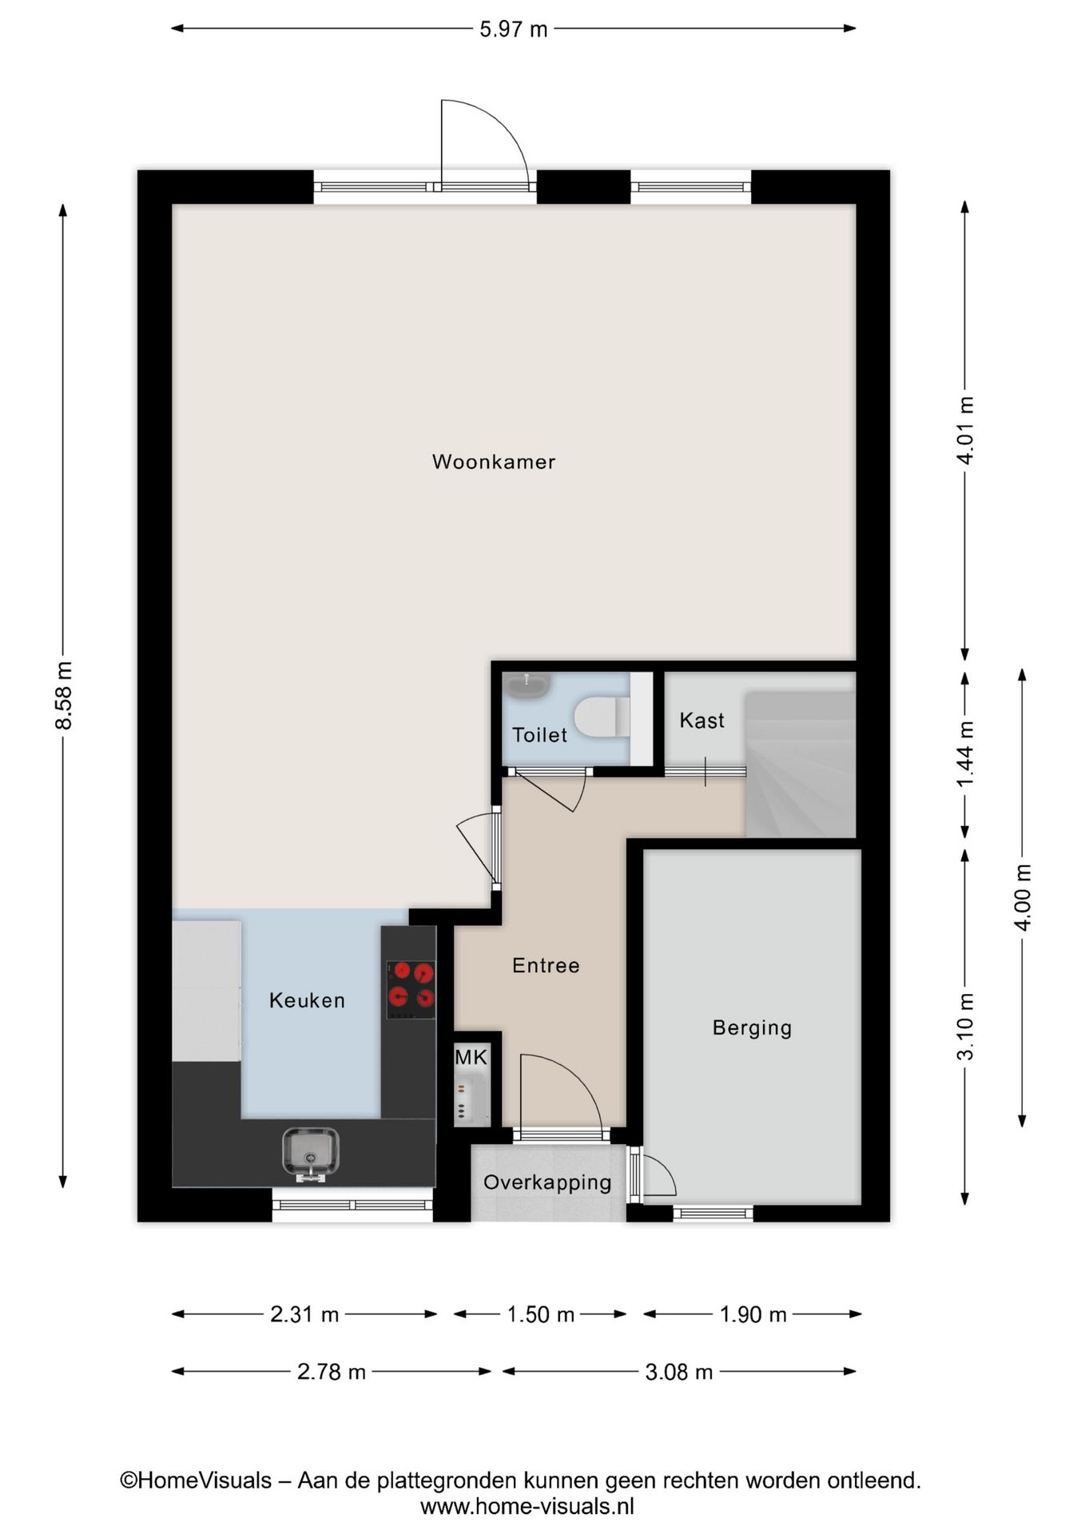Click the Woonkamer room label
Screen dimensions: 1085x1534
tap(493, 462)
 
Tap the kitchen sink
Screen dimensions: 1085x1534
tap(311, 1154)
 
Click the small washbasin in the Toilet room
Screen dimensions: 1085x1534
tap(527, 686)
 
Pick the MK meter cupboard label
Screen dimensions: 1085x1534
tap(471, 1058)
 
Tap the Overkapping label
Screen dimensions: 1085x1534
tap(547, 1182)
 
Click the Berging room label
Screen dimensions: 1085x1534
tap(752, 1027)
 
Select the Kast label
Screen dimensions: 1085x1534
tap(701, 721)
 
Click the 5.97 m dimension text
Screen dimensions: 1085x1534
tap(513, 30)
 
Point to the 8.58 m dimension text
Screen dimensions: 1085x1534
tap(64, 695)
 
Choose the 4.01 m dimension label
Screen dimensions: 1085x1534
tap(965, 430)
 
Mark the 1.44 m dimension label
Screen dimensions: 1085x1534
tap(965, 753)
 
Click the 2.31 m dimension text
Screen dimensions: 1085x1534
tap(304, 1314)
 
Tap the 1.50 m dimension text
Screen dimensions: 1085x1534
tap(541, 1314)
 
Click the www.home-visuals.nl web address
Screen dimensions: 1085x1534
tap(527, 1507)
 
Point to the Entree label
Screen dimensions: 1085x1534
tap(546, 966)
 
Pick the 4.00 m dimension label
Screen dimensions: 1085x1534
tap(1023, 896)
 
